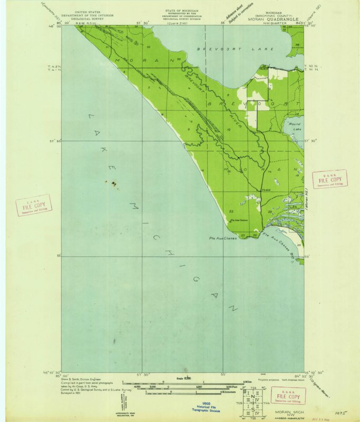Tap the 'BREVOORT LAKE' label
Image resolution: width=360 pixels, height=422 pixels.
236,49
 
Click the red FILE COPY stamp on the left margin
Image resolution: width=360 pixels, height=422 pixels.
34,205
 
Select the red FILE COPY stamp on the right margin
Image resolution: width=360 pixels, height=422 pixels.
329,179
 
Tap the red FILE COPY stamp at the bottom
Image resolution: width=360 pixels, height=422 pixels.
287,396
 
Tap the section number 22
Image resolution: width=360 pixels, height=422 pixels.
231,212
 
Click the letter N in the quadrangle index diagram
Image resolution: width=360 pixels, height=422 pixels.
252,397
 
